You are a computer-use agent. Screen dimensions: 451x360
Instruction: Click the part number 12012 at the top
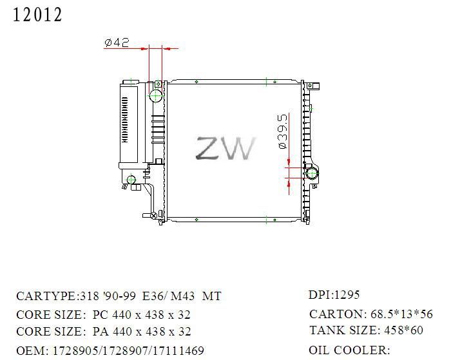[37, 15]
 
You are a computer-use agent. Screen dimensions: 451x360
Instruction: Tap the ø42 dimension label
[117, 43]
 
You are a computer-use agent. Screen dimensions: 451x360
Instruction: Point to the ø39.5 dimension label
[283, 131]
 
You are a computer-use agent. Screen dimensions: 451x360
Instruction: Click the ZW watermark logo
[225, 148]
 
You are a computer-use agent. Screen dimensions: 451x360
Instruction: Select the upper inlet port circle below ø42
[156, 95]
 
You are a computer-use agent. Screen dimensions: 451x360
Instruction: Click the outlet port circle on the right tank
[312, 174]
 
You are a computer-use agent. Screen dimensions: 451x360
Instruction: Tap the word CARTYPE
[46, 296]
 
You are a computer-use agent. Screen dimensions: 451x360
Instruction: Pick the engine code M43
[182, 296]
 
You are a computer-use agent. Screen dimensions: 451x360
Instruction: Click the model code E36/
[155, 296]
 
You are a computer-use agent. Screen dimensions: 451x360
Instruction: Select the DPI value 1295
[347, 295]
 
